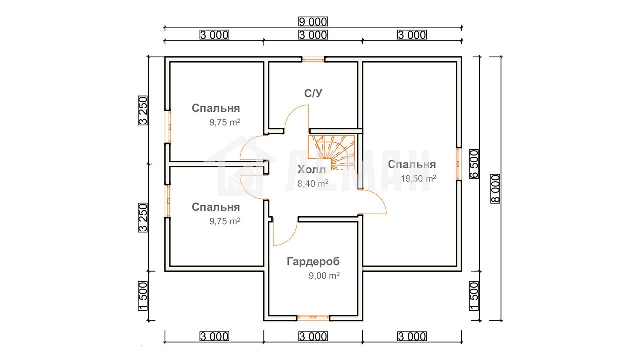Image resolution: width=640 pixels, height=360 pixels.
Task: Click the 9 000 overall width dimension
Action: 313,21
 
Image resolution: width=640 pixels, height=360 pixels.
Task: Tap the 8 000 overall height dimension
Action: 495,189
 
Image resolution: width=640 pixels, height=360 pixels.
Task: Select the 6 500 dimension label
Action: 474,164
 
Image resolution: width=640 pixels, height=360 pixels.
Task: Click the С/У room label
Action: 313,93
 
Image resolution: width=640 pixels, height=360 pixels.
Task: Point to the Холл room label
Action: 311,169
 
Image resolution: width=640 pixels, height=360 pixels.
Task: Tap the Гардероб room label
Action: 313,261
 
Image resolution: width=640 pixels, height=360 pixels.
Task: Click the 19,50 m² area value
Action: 418,178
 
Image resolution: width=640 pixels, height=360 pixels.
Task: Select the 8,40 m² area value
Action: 313,183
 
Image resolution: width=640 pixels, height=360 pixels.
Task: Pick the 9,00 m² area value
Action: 324,275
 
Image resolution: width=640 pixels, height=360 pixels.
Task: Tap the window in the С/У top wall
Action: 313,60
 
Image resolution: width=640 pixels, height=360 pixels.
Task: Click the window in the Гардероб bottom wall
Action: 313,317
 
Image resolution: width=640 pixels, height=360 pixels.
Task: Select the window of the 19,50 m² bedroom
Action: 459,164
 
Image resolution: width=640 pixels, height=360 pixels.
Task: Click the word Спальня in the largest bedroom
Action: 412,164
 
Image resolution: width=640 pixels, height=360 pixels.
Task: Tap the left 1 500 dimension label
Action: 143,296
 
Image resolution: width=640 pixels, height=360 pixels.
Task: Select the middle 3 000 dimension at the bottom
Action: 313,337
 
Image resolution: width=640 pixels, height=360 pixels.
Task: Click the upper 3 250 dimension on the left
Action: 143,110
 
